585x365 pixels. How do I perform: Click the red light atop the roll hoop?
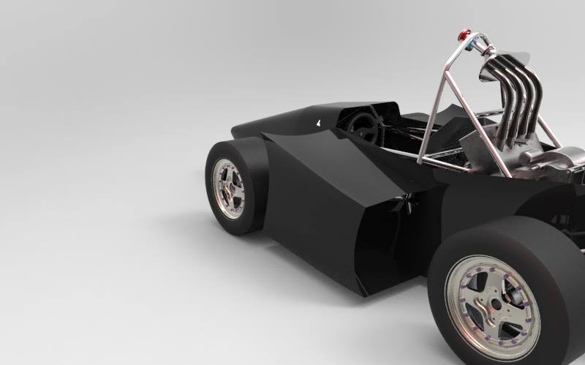(464, 34)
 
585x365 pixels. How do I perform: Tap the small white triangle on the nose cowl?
(317, 124)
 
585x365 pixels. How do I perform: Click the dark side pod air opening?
(380, 241)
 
